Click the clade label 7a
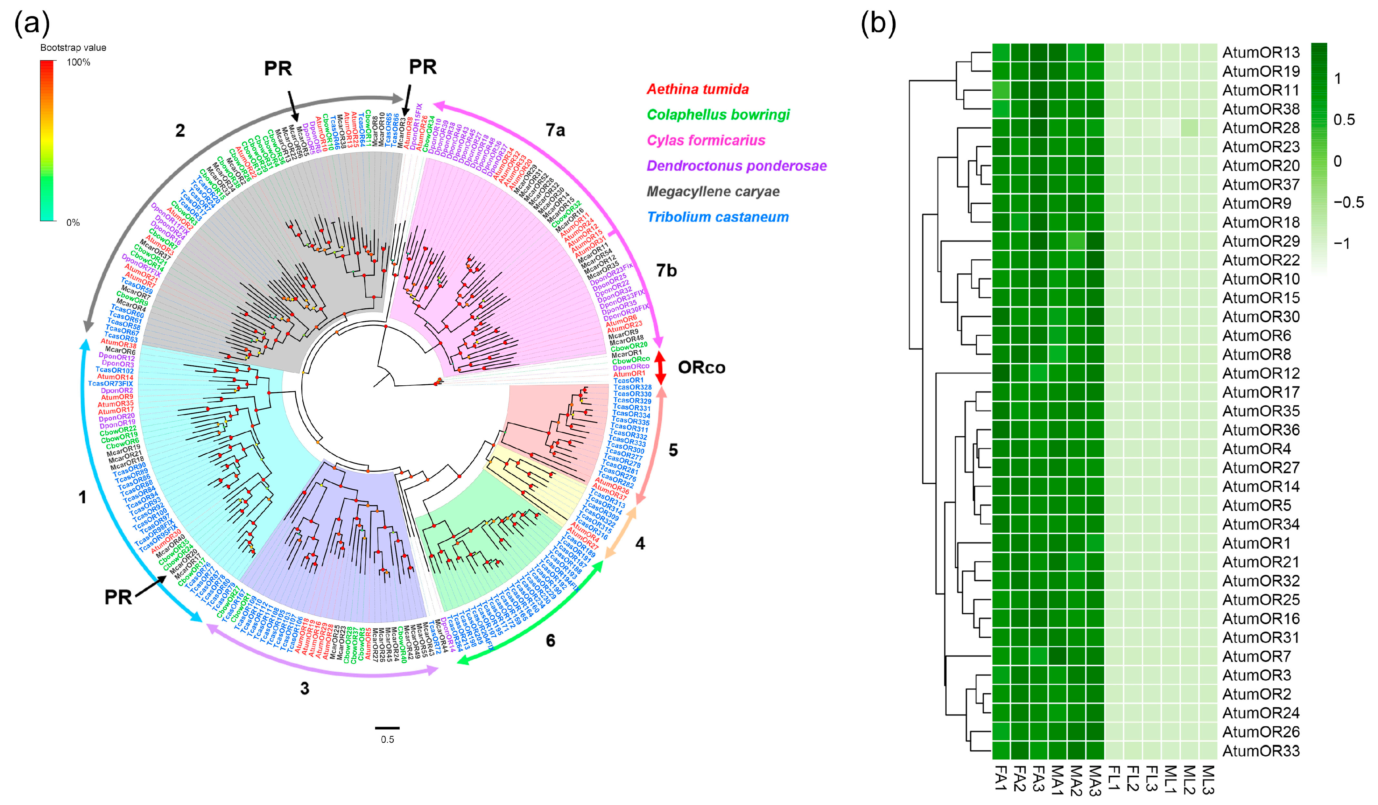(x=555, y=130)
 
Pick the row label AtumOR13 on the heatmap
(x=1260, y=52)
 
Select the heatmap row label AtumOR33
(x=1260, y=751)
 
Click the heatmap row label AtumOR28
(x=1260, y=128)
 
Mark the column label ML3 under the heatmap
(x=1209, y=779)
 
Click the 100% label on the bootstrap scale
(x=78, y=62)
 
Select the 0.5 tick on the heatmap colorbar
(x=1344, y=120)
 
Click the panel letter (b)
(x=878, y=23)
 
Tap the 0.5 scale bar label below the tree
(x=387, y=739)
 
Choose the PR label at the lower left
(x=118, y=597)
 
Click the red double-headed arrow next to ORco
(x=661, y=367)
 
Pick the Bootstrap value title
(x=73, y=48)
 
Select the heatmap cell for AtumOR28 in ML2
(x=1190, y=128)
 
